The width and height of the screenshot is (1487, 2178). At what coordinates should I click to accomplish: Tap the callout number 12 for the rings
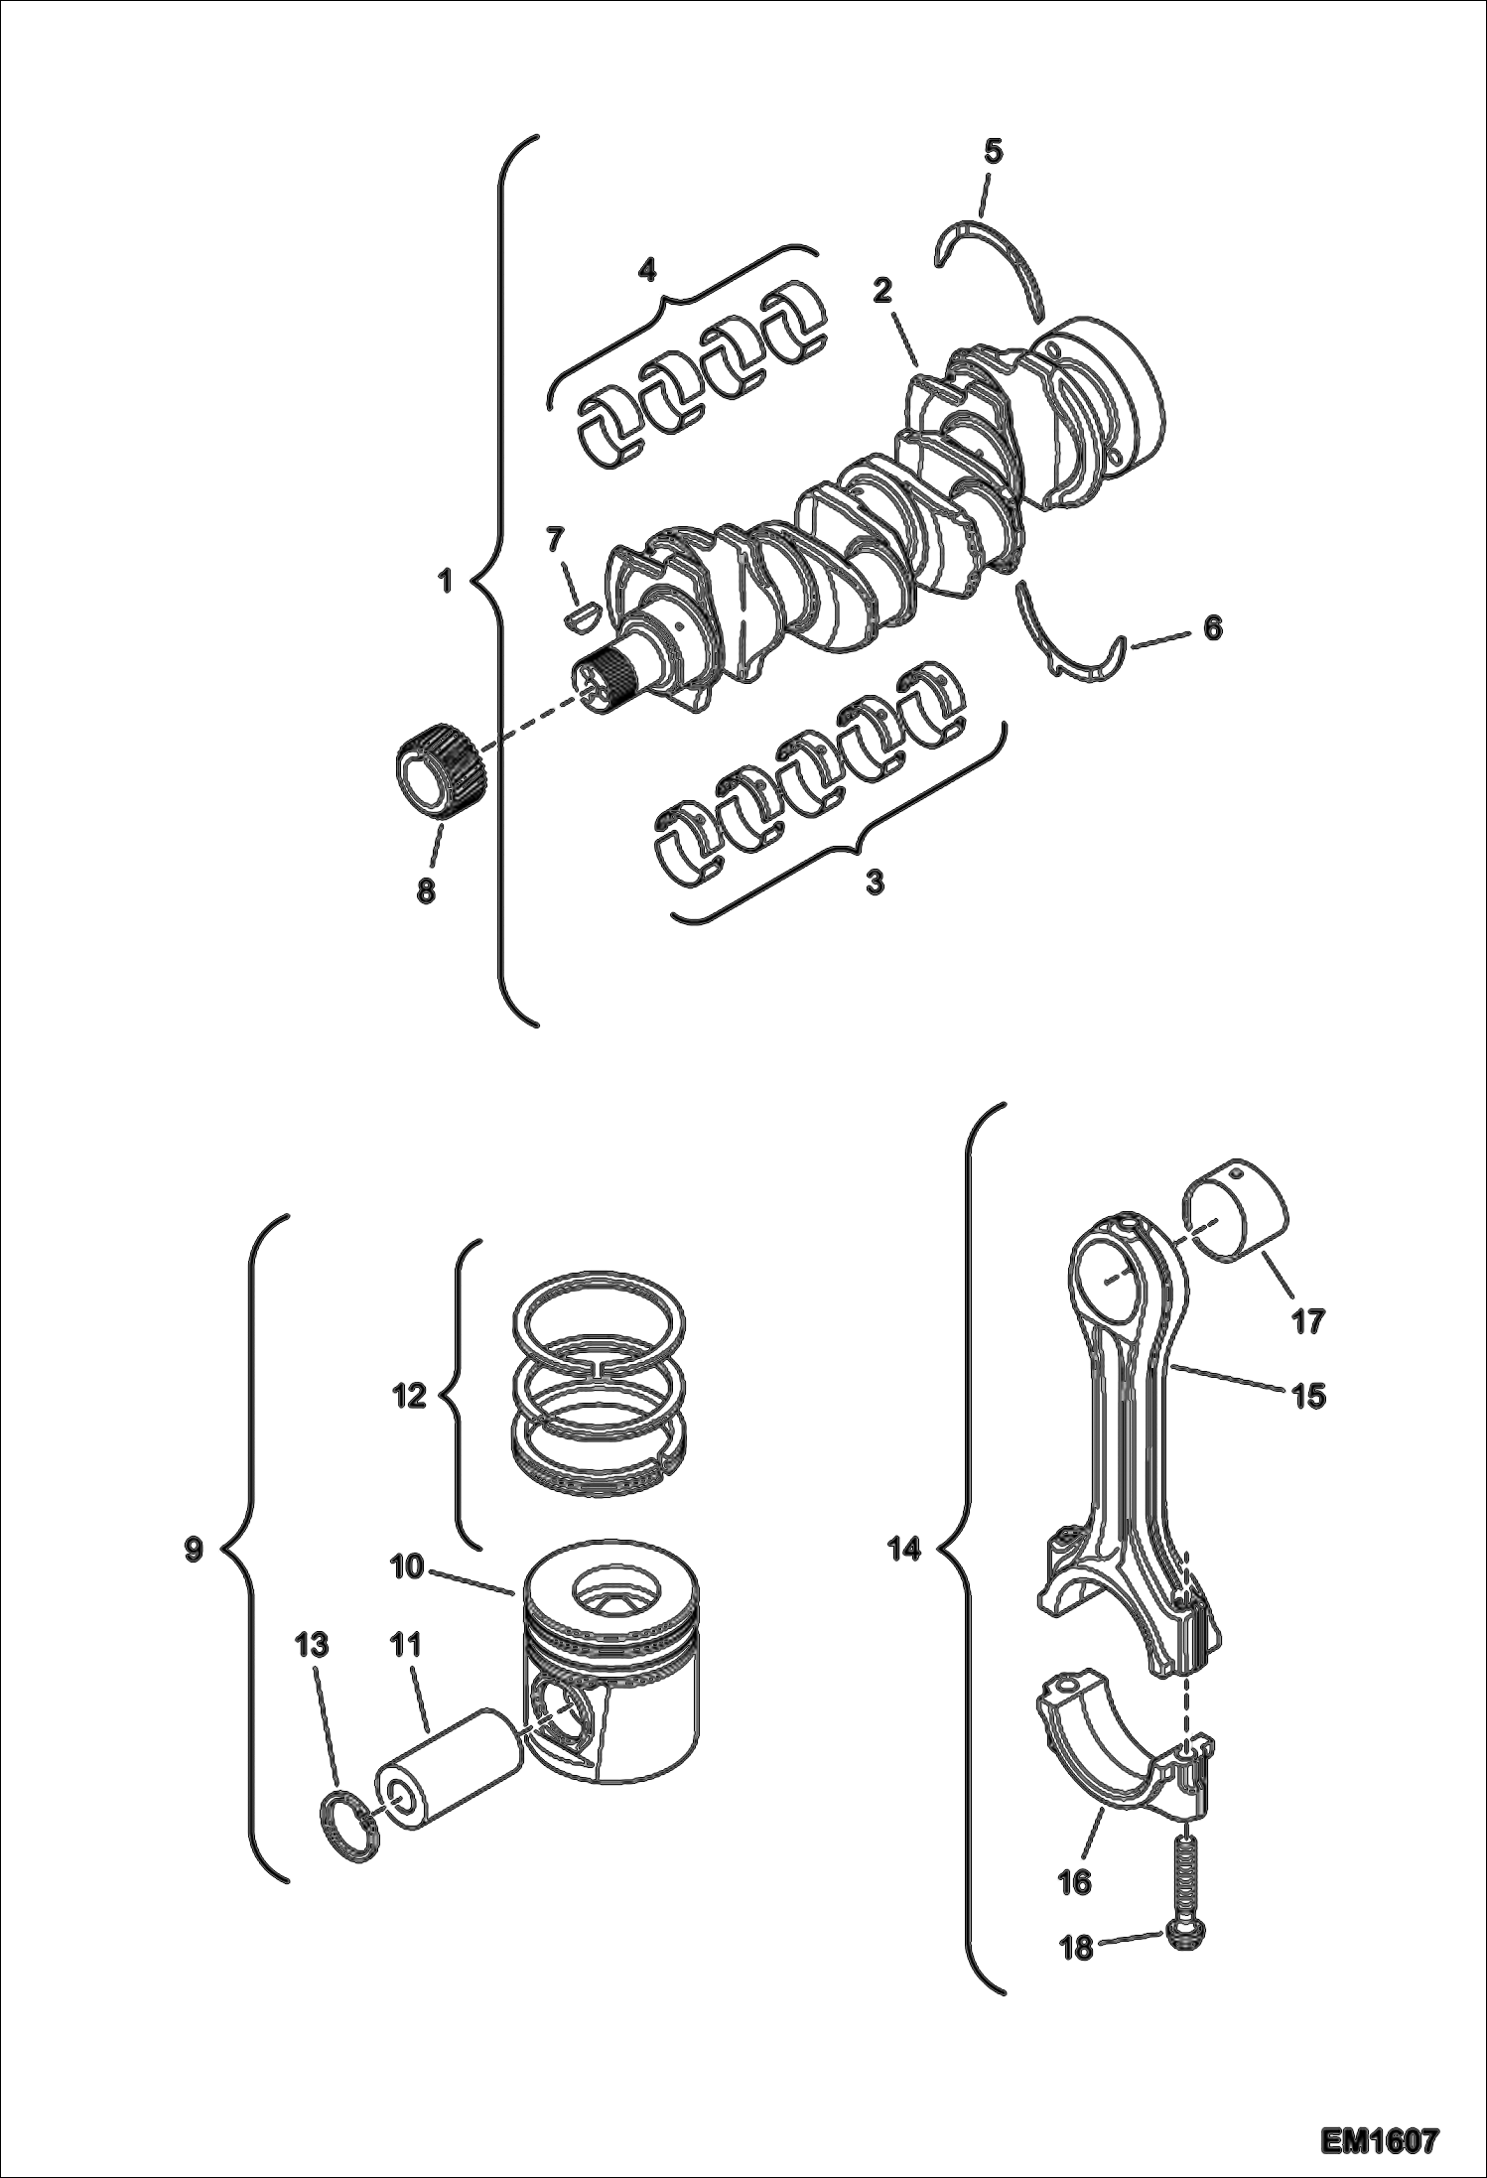pyautogui.click(x=409, y=1397)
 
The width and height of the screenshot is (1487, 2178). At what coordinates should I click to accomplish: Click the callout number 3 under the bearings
pyautogui.click(x=875, y=882)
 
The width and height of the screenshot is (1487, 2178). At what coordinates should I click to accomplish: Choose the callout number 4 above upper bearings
pyautogui.click(x=646, y=269)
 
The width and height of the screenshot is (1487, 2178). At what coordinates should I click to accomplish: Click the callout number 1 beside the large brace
pyautogui.click(x=446, y=580)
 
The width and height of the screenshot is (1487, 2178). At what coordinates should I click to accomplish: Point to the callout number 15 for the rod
pyautogui.click(x=1308, y=1396)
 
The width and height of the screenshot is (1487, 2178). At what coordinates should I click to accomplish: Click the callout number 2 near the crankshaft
pyautogui.click(x=881, y=291)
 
